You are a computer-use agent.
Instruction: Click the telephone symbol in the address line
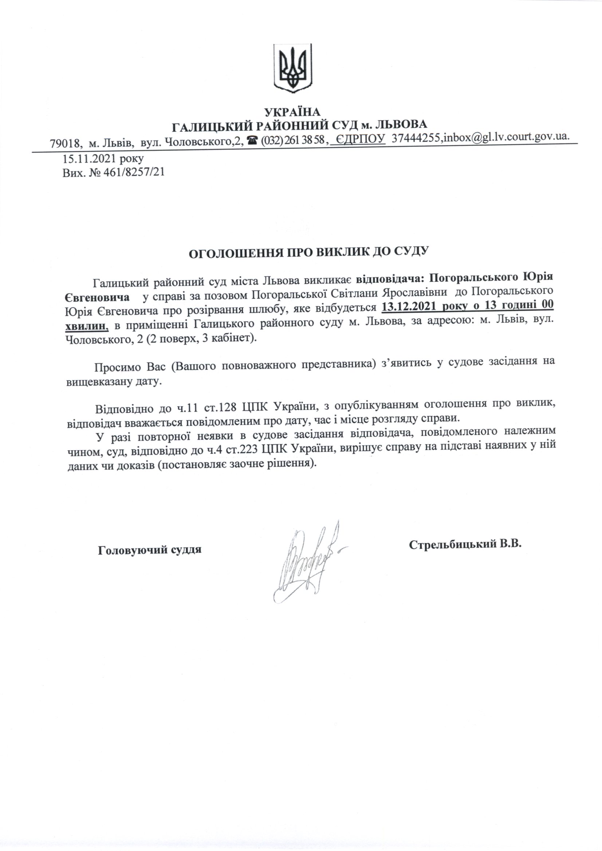click(x=253, y=140)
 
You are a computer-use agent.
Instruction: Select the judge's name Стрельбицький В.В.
click(x=465, y=544)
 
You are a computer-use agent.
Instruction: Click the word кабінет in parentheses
click(x=229, y=338)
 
